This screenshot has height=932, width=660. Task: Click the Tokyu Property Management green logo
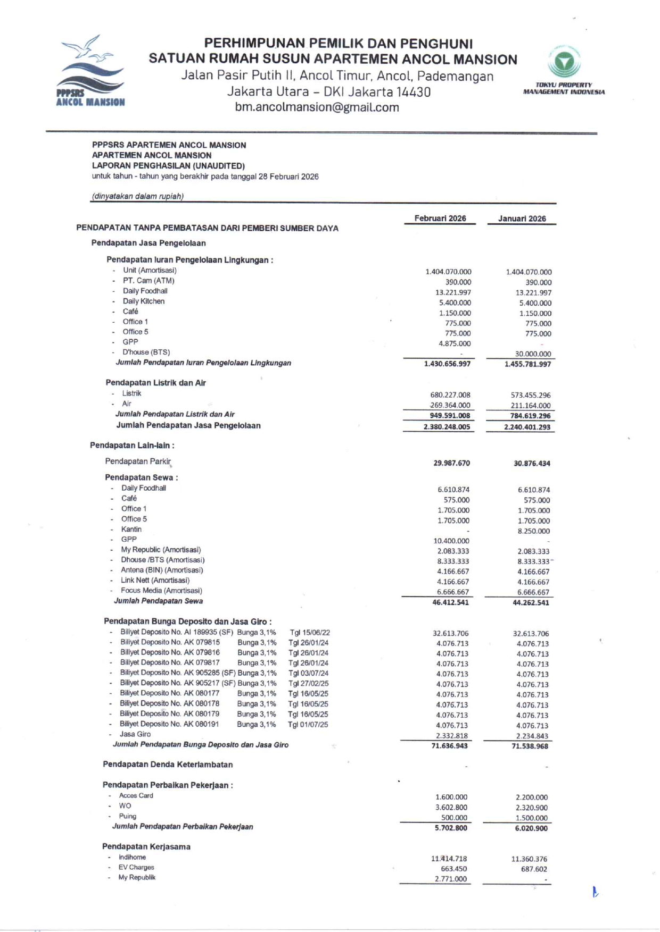pos(564,62)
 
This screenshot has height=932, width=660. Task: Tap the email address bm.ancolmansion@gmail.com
pos(317,107)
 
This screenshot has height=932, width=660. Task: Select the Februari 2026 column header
pos(440,219)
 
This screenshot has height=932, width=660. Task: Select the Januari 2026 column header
pos(522,219)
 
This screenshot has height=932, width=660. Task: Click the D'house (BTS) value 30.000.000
pos(532,354)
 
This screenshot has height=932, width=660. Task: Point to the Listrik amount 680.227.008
pos(450,395)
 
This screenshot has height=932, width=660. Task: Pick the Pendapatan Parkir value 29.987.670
pos(451,463)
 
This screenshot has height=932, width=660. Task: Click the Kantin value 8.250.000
pos(533,531)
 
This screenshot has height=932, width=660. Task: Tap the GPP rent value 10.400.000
pos(451,541)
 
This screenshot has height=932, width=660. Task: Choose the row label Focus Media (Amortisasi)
pos(161,591)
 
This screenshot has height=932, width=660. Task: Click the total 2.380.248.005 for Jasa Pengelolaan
pos(447,427)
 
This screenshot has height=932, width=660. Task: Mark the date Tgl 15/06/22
pos(309,633)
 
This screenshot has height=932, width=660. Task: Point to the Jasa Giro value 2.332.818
pos(451,736)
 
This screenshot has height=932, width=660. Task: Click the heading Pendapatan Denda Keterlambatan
pos(168,765)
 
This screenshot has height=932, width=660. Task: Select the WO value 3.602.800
pos(451,808)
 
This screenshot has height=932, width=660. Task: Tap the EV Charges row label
pos(136,867)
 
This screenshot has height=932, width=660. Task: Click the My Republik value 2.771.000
pos(450,879)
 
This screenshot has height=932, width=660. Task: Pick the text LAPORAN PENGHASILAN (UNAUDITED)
pos(168,166)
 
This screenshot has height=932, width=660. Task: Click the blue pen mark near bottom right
pos(595,892)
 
